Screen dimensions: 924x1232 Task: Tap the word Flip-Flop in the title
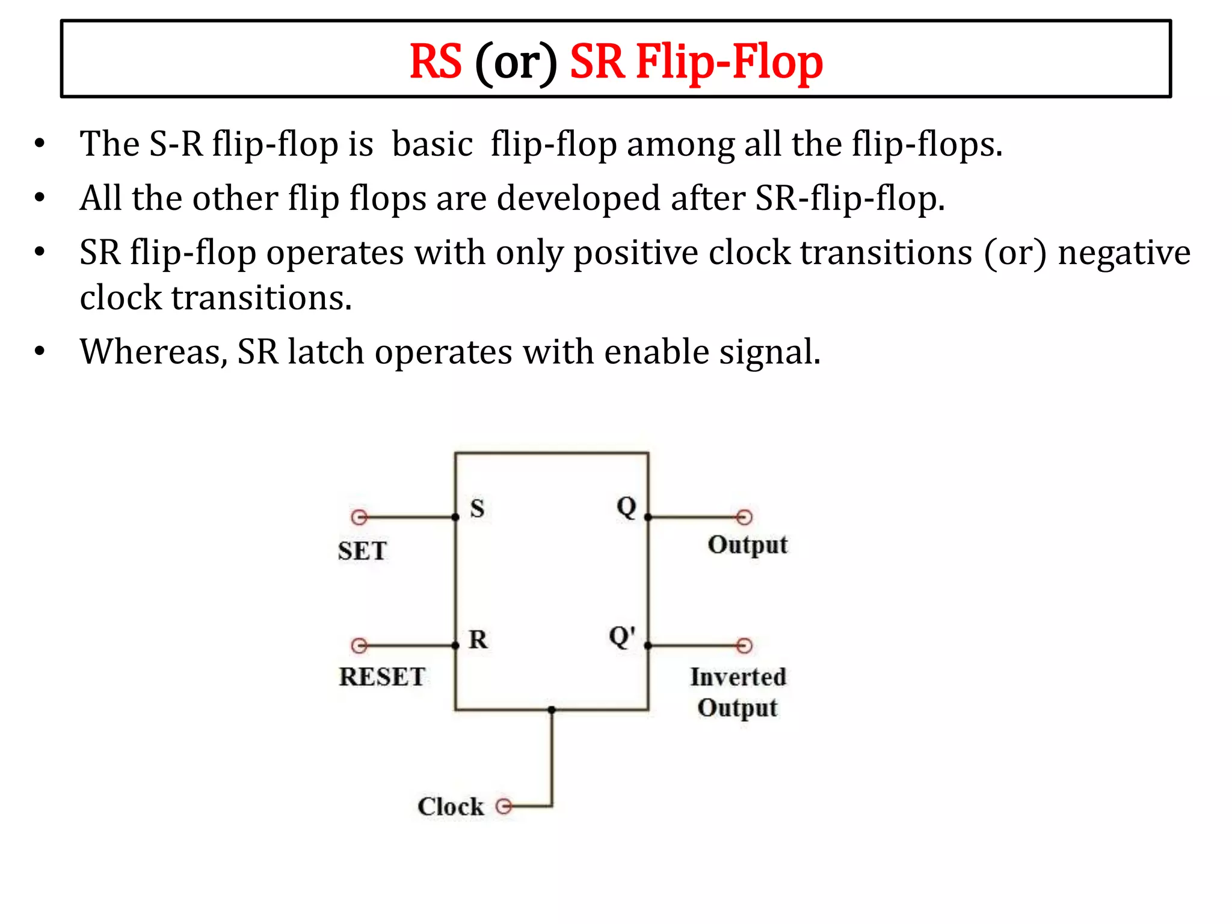pos(729,62)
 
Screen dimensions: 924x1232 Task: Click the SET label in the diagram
pos(362,551)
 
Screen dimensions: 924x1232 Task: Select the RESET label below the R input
pos(382,677)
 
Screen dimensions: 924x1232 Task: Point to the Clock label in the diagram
pos(451,807)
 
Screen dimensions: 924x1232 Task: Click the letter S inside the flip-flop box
pos(477,509)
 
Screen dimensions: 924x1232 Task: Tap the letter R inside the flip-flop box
pos(478,639)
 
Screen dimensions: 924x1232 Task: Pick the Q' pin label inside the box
pos(622,636)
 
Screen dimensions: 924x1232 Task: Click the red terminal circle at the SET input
pos(359,517)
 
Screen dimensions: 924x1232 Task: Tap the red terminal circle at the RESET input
pos(359,645)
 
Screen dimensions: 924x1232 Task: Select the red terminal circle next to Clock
pos(504,806)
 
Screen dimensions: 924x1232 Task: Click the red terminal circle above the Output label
pos(744,517)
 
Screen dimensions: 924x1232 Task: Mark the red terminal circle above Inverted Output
pos(744,645)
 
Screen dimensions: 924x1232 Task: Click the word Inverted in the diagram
pos(738,677)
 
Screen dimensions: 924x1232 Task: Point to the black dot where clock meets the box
pos(552,710)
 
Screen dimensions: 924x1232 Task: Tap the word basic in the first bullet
pos(432,144)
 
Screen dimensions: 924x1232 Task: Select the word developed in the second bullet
pos(579,199)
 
